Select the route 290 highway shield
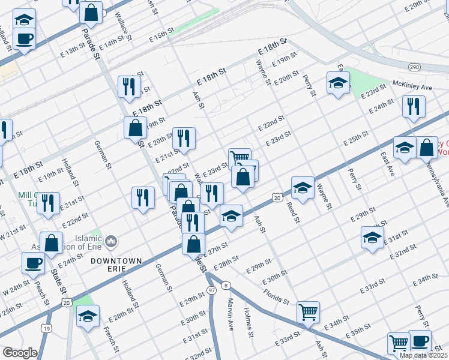pos(414,67)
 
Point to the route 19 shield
pos(46,328)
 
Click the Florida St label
pos(276,294)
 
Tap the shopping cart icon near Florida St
pos(308,311)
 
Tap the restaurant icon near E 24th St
pos(414,106)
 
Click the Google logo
pos(20,353)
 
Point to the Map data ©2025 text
pos(424,355)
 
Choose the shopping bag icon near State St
pos(52,243)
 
